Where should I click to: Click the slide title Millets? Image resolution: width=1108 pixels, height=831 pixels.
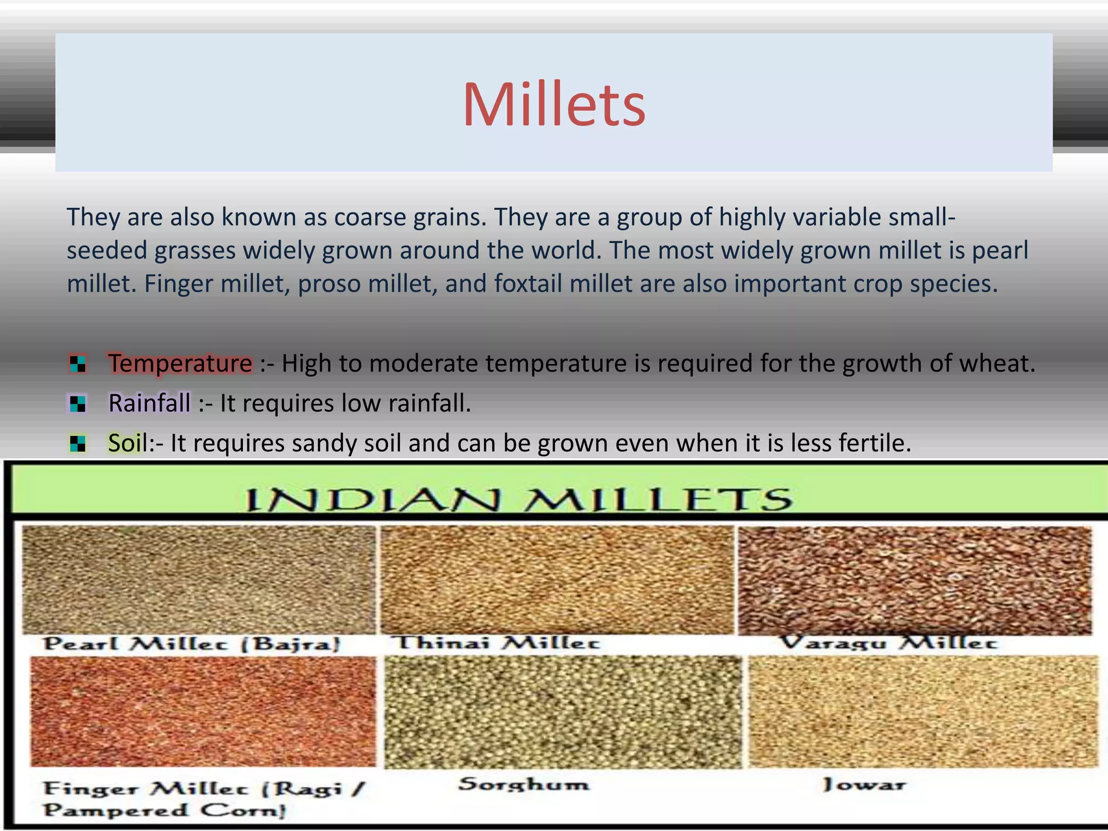tap(553, 104)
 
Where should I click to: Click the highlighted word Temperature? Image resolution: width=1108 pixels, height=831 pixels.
tap(180, 363)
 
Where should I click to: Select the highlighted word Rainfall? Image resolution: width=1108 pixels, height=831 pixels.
tap(149, 403)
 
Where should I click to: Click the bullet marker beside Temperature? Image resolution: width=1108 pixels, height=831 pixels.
tap(78, 364)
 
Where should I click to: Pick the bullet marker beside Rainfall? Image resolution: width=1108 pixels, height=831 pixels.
tap(78, 404)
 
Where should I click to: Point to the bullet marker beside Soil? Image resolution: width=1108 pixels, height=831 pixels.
tap(78, 444)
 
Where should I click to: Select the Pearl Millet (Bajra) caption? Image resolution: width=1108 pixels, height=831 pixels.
tap(192, 644)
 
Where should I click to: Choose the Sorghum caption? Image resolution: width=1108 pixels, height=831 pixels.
tap(524, 784)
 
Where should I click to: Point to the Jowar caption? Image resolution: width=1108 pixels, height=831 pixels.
tap(863, 784)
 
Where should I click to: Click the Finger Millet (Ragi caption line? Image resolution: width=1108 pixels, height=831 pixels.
tap(205, 788)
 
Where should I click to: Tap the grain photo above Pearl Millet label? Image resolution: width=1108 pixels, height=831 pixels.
tap(198, 579)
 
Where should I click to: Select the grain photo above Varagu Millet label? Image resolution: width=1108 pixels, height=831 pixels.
tap(914, 579)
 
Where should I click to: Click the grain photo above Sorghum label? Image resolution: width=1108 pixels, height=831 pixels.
tap(563, 711)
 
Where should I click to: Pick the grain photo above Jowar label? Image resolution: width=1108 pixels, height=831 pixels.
tap(923, 711)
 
